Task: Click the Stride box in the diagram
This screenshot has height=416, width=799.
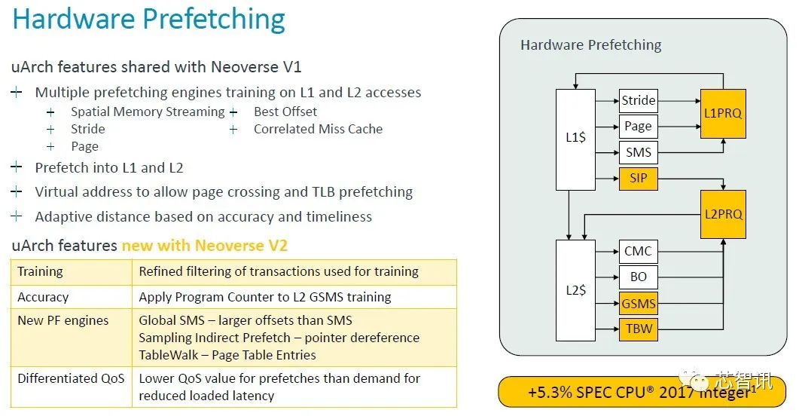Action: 639,100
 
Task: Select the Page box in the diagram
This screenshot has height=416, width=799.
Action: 639,127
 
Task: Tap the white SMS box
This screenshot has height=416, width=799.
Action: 639,152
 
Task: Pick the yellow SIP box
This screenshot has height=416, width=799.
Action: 639,179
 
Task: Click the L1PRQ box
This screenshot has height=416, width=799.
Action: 723,114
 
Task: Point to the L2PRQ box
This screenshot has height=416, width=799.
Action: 723,214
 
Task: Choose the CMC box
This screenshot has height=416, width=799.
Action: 639,252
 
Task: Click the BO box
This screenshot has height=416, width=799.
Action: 639,277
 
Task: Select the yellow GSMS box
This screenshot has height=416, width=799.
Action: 639,303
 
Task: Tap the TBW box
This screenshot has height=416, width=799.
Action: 639,329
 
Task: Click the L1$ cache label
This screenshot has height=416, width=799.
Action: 576,138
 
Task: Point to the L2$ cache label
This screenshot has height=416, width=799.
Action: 576,291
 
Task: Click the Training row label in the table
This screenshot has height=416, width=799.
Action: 40,272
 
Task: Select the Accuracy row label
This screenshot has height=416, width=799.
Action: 43,297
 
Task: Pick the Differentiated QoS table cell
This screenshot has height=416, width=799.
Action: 71,378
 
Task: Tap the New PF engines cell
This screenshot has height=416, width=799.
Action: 63,321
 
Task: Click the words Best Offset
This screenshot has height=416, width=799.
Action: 285,112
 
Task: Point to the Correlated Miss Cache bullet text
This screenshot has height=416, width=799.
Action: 318,129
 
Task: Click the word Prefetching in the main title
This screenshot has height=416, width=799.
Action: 214,19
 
